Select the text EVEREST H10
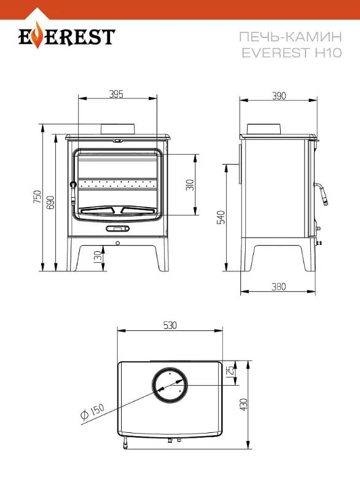291,53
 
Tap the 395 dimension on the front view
116,94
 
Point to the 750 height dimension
37,198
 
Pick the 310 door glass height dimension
190,184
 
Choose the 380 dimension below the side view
278,286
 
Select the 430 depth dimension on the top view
243,405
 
